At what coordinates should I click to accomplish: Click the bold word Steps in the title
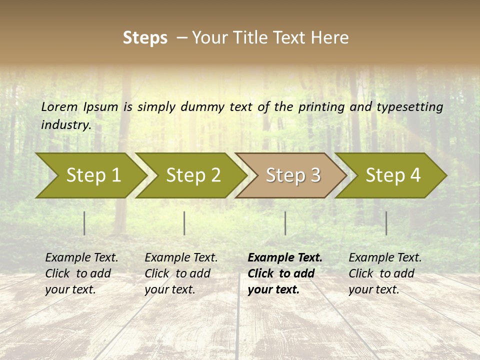coord(145,37)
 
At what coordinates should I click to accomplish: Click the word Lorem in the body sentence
coord(59,106)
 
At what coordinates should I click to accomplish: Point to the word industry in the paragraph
coord(65,124)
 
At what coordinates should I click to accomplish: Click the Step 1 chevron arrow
coord(90,175)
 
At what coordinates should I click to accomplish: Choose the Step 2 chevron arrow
coord(190,175)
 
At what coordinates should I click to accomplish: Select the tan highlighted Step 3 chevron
coord(290,175)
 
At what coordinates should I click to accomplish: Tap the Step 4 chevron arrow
coord(390,175)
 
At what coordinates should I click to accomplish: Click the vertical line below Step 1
coord(84,223)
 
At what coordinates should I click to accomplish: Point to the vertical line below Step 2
coord(184,223)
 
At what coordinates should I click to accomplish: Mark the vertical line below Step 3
coord(285,223)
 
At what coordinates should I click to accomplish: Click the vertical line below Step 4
coord(386,223)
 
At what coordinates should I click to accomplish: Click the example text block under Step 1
coord(81,273)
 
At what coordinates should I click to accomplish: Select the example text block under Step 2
coord(181,273)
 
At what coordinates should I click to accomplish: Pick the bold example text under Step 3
coord(285,273)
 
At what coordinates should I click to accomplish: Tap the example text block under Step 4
coord(385,273)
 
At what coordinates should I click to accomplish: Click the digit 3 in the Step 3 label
coord(315,175)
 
